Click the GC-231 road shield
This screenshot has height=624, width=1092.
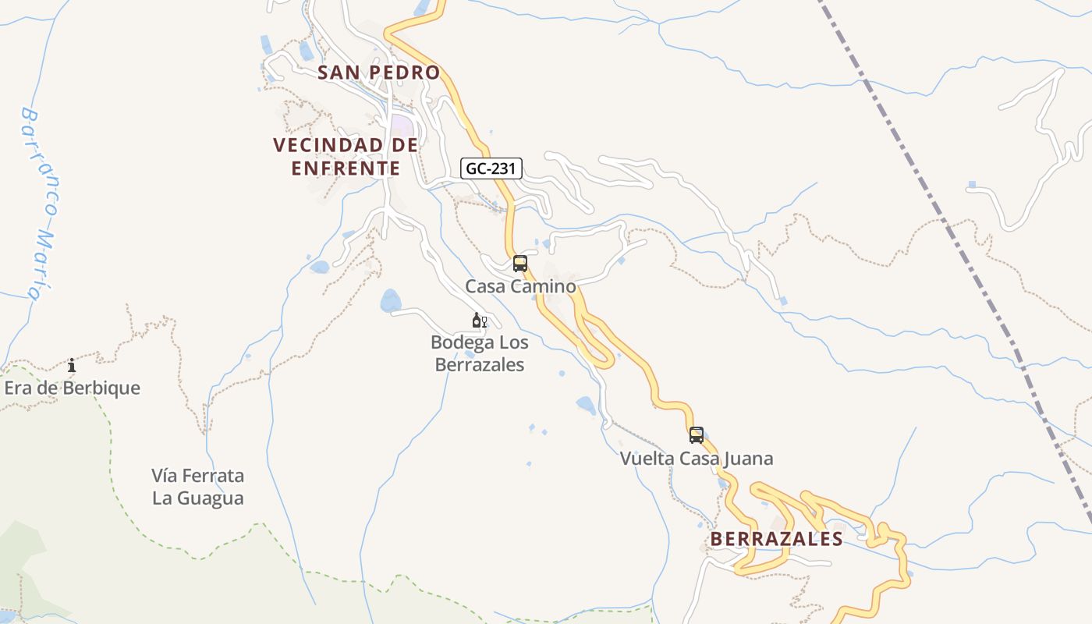click(491, 168)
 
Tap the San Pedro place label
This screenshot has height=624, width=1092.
click(379, 73)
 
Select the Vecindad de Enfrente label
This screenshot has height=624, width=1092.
click(346, 156)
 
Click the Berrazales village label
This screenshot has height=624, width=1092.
click(776, 539)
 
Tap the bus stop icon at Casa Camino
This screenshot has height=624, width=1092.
click(520, 264)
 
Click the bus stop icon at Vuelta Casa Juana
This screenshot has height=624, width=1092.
click(697, 435)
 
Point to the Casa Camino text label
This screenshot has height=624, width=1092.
click(520, 286)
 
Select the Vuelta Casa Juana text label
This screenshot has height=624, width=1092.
click(696, 458)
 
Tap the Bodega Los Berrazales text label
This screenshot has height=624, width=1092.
click(479, 353)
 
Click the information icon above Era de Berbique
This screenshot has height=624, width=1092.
click(72, 365)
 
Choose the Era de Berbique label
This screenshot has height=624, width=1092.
click(73, 388)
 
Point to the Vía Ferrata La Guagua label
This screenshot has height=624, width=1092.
click(198, 487)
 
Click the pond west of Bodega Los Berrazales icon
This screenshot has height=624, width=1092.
click(391, 300)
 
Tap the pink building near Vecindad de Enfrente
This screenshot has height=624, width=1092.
click(402, 125)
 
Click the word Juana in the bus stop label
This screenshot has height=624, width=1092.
click(747, 458)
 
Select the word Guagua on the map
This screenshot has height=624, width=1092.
click(198, 498)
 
